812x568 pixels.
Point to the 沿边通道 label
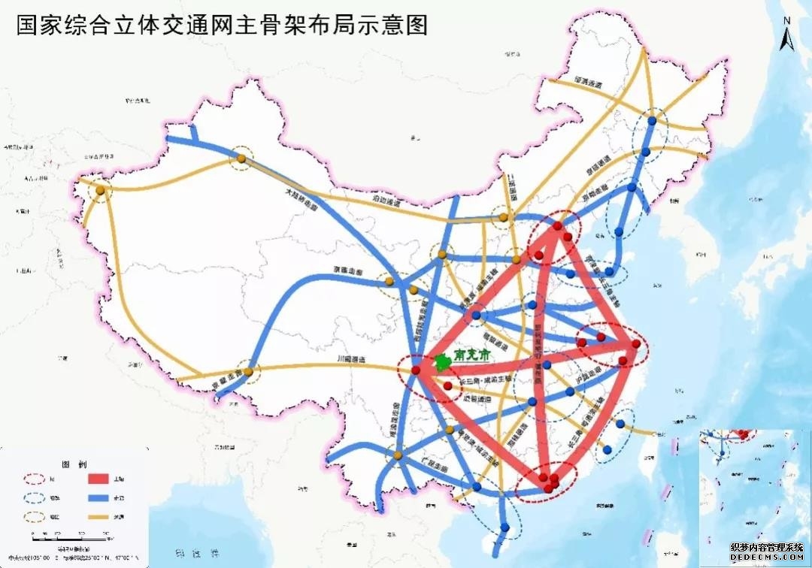(x=386, y=202)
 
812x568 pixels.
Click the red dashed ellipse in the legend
(x=35, y=478)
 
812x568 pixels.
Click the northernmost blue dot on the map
(x=655, y=119)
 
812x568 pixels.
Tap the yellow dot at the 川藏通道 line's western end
(x=248, y=370)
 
